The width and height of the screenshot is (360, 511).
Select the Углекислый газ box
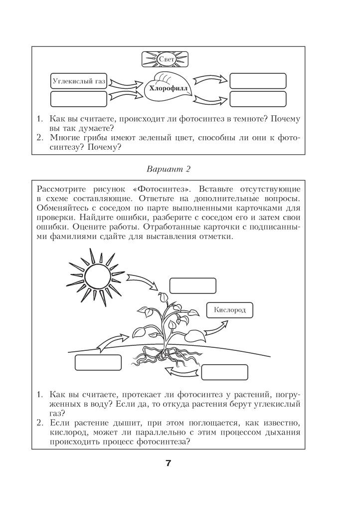click(79, 81)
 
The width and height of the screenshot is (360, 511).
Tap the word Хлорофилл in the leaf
click(166, 87)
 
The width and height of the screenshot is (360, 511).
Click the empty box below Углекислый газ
click(79, 98)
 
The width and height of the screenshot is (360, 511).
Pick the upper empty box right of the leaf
click(258, 81)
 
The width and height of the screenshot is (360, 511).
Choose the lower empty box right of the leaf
click(258, 98)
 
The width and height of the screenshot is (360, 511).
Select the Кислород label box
click(229, 310)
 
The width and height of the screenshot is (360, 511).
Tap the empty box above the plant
click(192, 285)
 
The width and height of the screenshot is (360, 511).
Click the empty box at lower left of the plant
click(98, 362)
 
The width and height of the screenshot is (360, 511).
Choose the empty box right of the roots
click(224, 372)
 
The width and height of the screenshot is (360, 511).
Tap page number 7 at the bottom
click(168, 464)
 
